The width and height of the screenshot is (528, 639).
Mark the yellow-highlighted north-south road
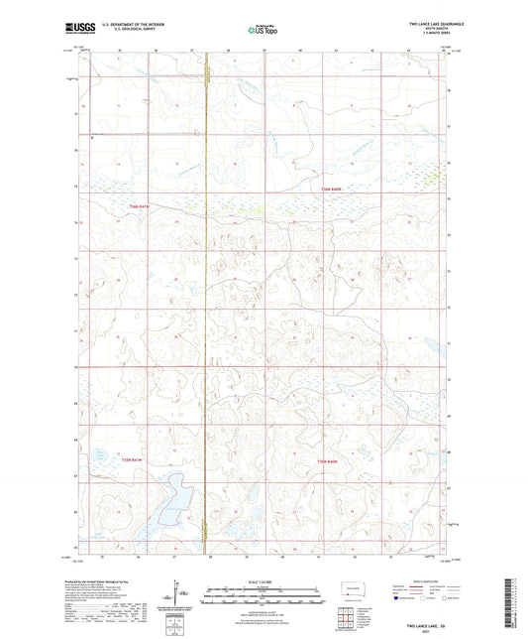click(205, 298)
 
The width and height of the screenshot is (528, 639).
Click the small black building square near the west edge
click(91, 138)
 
